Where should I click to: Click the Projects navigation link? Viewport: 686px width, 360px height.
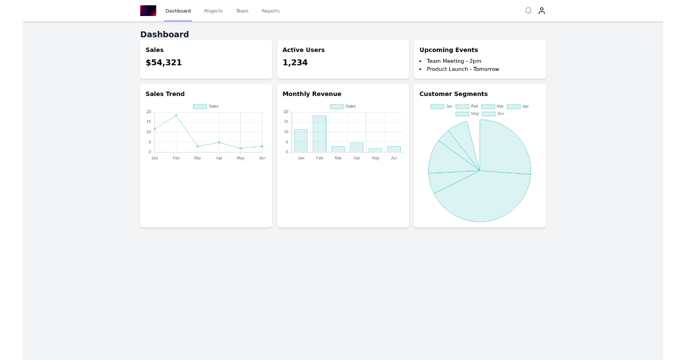click(x=213, y=11)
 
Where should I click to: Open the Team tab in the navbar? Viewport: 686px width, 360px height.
click(x=242, y=11)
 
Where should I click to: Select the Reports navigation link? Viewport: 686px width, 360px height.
click(x=270, y=11)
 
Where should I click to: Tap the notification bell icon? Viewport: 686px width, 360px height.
click(x=528, y=11)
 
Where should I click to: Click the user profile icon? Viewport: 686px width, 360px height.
click(x=542, y=11)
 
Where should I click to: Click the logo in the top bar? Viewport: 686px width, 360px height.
click(x=148, y=11)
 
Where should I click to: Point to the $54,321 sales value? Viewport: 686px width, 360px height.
click(x=163, y=62)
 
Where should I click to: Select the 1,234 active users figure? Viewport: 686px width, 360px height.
click(x=295, y=62)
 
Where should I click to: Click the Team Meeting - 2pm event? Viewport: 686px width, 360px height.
click(x=454, y=61)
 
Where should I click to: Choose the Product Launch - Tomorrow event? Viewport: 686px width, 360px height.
click(x=462, y=69)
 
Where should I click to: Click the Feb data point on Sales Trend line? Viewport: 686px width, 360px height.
click(x=176, y=115)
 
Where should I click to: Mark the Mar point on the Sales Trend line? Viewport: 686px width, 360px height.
click(x=198, y=146)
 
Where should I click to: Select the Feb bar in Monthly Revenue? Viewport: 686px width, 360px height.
click(x=320, y=134)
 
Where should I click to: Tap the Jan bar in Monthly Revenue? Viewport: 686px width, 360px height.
click(x=301, y=141)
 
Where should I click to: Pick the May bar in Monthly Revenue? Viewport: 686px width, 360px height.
click(x=376, y=150)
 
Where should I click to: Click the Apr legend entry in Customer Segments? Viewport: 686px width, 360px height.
click(x=518, y=106)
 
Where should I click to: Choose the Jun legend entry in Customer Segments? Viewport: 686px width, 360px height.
click(x=493, y=114)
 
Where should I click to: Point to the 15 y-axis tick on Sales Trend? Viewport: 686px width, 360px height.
click(x=149, y=122)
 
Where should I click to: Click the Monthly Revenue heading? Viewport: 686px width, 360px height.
click(x=312, y=94)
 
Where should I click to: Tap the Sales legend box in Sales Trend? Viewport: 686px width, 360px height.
click(x=200, y=106)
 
